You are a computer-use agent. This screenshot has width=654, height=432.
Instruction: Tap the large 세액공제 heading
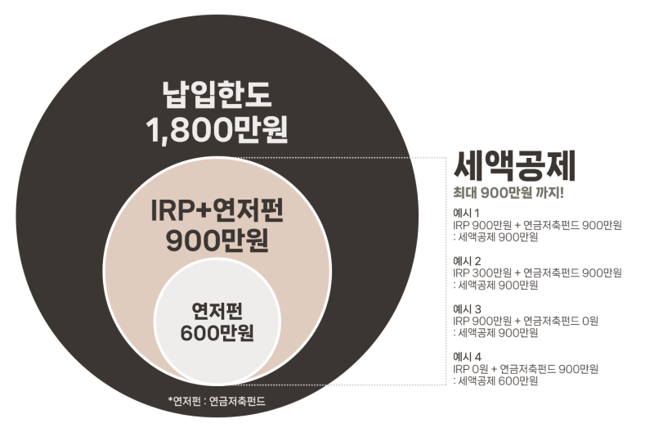(x=515, y=166)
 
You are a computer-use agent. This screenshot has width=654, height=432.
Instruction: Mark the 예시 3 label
(x=468, y=309)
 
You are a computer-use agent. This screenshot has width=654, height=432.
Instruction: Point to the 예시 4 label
(x=468, y=357)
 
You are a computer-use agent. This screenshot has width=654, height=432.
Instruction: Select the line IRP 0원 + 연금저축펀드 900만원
(x=526, y=368)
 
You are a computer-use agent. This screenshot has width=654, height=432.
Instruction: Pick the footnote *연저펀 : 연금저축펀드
(x=217, y=402)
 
